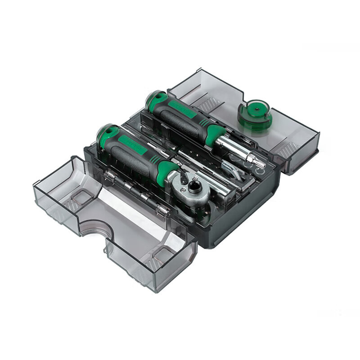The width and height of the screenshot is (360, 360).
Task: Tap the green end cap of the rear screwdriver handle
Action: (155, 100)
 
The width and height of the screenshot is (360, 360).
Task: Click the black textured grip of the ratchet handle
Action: (130, 157)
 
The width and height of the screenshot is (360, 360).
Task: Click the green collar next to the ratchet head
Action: (165, 171)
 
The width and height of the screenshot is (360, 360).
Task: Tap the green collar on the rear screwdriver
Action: (214, 134)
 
